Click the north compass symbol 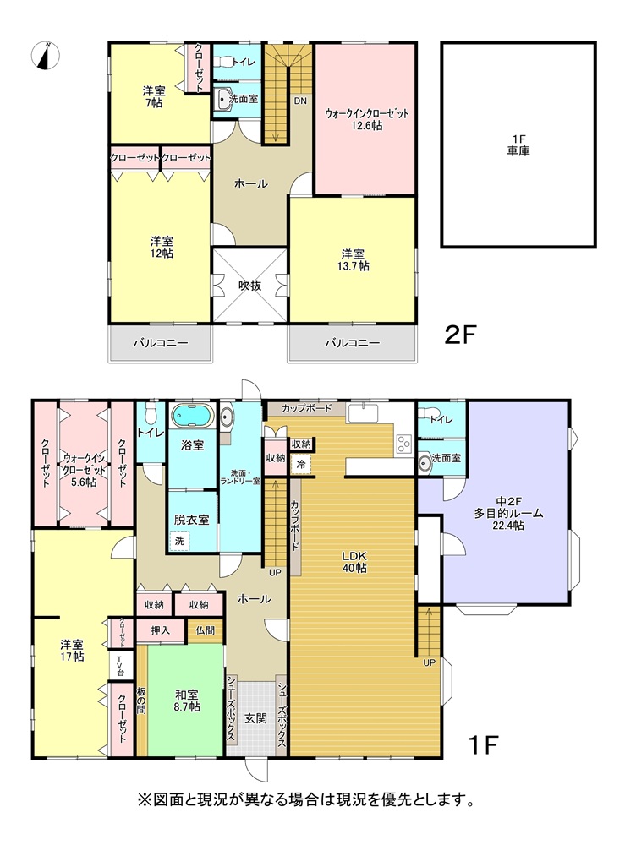coord(47,56)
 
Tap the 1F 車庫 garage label coord(518,145)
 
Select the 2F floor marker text coord(460,335)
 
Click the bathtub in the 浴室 coord(192,416)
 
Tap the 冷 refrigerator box coord(301,463)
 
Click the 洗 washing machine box coord(179,541)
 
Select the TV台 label coord(120,667)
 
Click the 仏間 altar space coord(205,630)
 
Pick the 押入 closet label coord(160,630)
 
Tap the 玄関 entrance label coord(255,717)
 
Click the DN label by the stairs coord(300,101)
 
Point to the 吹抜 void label coord(249,285)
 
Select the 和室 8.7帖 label coord(187,700)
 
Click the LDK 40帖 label coord(354,562)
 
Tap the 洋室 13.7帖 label coord(354,259)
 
